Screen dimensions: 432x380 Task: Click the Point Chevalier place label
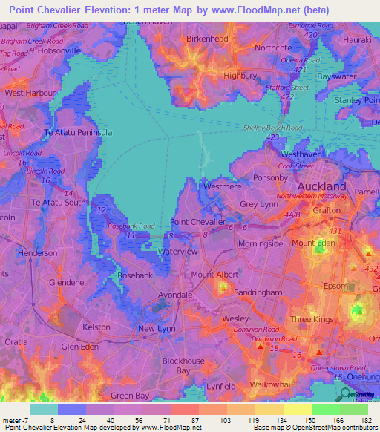[x=197, y=222]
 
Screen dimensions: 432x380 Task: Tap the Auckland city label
[x=321, y=186]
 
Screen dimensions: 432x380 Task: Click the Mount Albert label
[x=214, y=275]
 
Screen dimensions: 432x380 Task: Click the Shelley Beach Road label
[x=272, y=128]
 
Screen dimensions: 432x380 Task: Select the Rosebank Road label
[x=131, y=226]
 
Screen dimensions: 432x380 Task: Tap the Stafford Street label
[x=289, y=88]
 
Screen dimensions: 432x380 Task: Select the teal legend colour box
[x=43, y=409]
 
